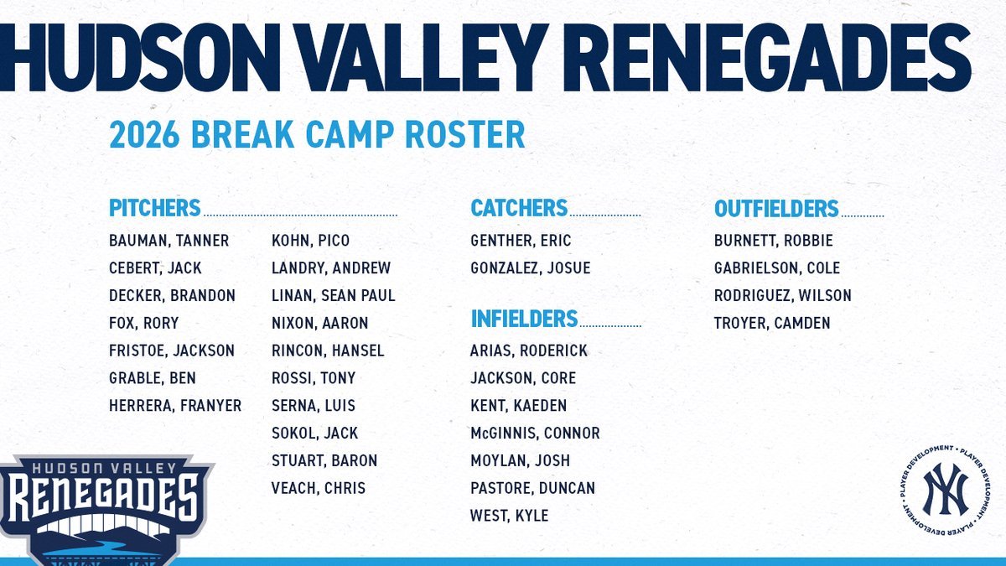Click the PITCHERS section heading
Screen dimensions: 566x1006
click(154, 208)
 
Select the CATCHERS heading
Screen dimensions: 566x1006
click(519, 208)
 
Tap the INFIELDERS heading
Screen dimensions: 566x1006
click(524, 319)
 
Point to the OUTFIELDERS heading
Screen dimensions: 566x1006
click(776, 208)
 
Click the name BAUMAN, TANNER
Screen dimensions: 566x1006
click(169, 241)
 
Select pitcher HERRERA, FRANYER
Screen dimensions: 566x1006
click(174, 406)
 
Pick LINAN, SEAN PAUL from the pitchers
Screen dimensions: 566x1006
click(333, 296)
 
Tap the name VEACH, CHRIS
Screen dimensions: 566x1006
click(318, 488)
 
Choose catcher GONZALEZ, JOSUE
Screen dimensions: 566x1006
click(530, 268)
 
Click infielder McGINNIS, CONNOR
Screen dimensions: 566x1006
click(535, 434)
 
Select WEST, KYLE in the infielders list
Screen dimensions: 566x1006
click(509, 516)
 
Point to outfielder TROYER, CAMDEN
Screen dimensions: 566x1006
click(772, 323)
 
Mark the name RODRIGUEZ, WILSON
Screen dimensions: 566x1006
click(782, 296)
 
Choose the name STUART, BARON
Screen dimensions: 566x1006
click(324, 460)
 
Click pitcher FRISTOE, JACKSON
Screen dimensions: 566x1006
click(172, 351)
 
